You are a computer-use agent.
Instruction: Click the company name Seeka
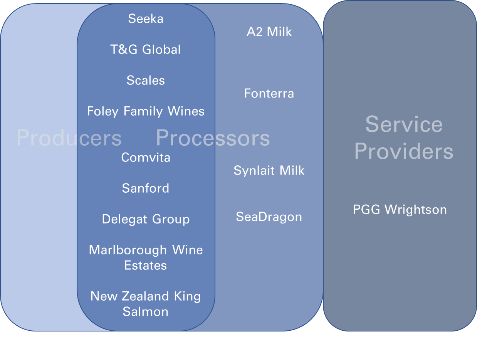pos(146,19)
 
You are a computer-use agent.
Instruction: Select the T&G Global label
pos(146,50)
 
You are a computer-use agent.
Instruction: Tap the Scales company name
pos(146,81)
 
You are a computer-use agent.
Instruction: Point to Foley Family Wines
pos(146,111)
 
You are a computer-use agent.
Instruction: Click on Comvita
pos(146,158)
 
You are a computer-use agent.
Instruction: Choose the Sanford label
pos(146,188)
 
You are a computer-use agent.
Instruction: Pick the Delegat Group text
pos(146,219)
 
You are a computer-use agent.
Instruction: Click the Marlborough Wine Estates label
pos(146,257)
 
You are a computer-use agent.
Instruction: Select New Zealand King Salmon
pos(146,304)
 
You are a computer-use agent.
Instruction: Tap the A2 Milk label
pos(269,32)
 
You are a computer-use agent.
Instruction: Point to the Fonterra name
pos(269,93)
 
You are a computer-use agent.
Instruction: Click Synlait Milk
pos(269,170)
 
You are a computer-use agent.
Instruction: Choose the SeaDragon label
pos(269,217)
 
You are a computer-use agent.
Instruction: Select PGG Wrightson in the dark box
pos(400,210)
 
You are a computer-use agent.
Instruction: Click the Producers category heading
pos(69,138)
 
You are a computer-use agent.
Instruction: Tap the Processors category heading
pos(213,138)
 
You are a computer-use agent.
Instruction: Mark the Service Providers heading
pos(404,138)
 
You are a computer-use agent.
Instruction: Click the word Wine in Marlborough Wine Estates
pos(188,250)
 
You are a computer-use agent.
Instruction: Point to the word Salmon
pos(146,311)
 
